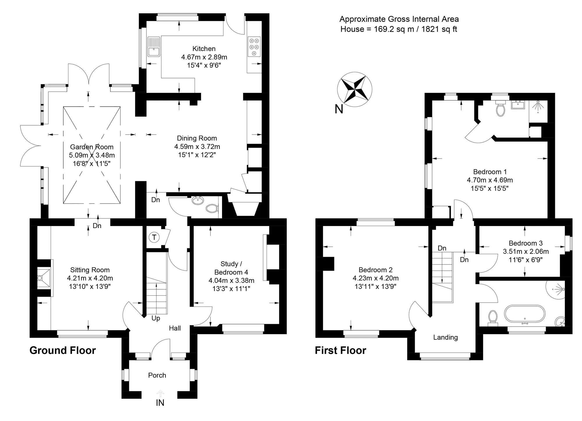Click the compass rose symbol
(x=354, y=89)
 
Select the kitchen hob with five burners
(x=254, y=47)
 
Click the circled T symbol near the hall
(x=154, y=237)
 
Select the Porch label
(x=157, y=375)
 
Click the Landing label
(x=446, y=337)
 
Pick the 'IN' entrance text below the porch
(x=160, y=403)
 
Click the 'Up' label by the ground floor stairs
(x=156, y=318)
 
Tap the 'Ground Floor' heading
(x=63, y=350)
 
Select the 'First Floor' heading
(x=340, y=350)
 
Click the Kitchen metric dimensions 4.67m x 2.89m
(x=204, y=57)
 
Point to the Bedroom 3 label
(x=526, y=243)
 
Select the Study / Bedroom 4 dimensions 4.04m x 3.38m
(x=231, y=281)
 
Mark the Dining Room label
(x=197, y=138)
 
